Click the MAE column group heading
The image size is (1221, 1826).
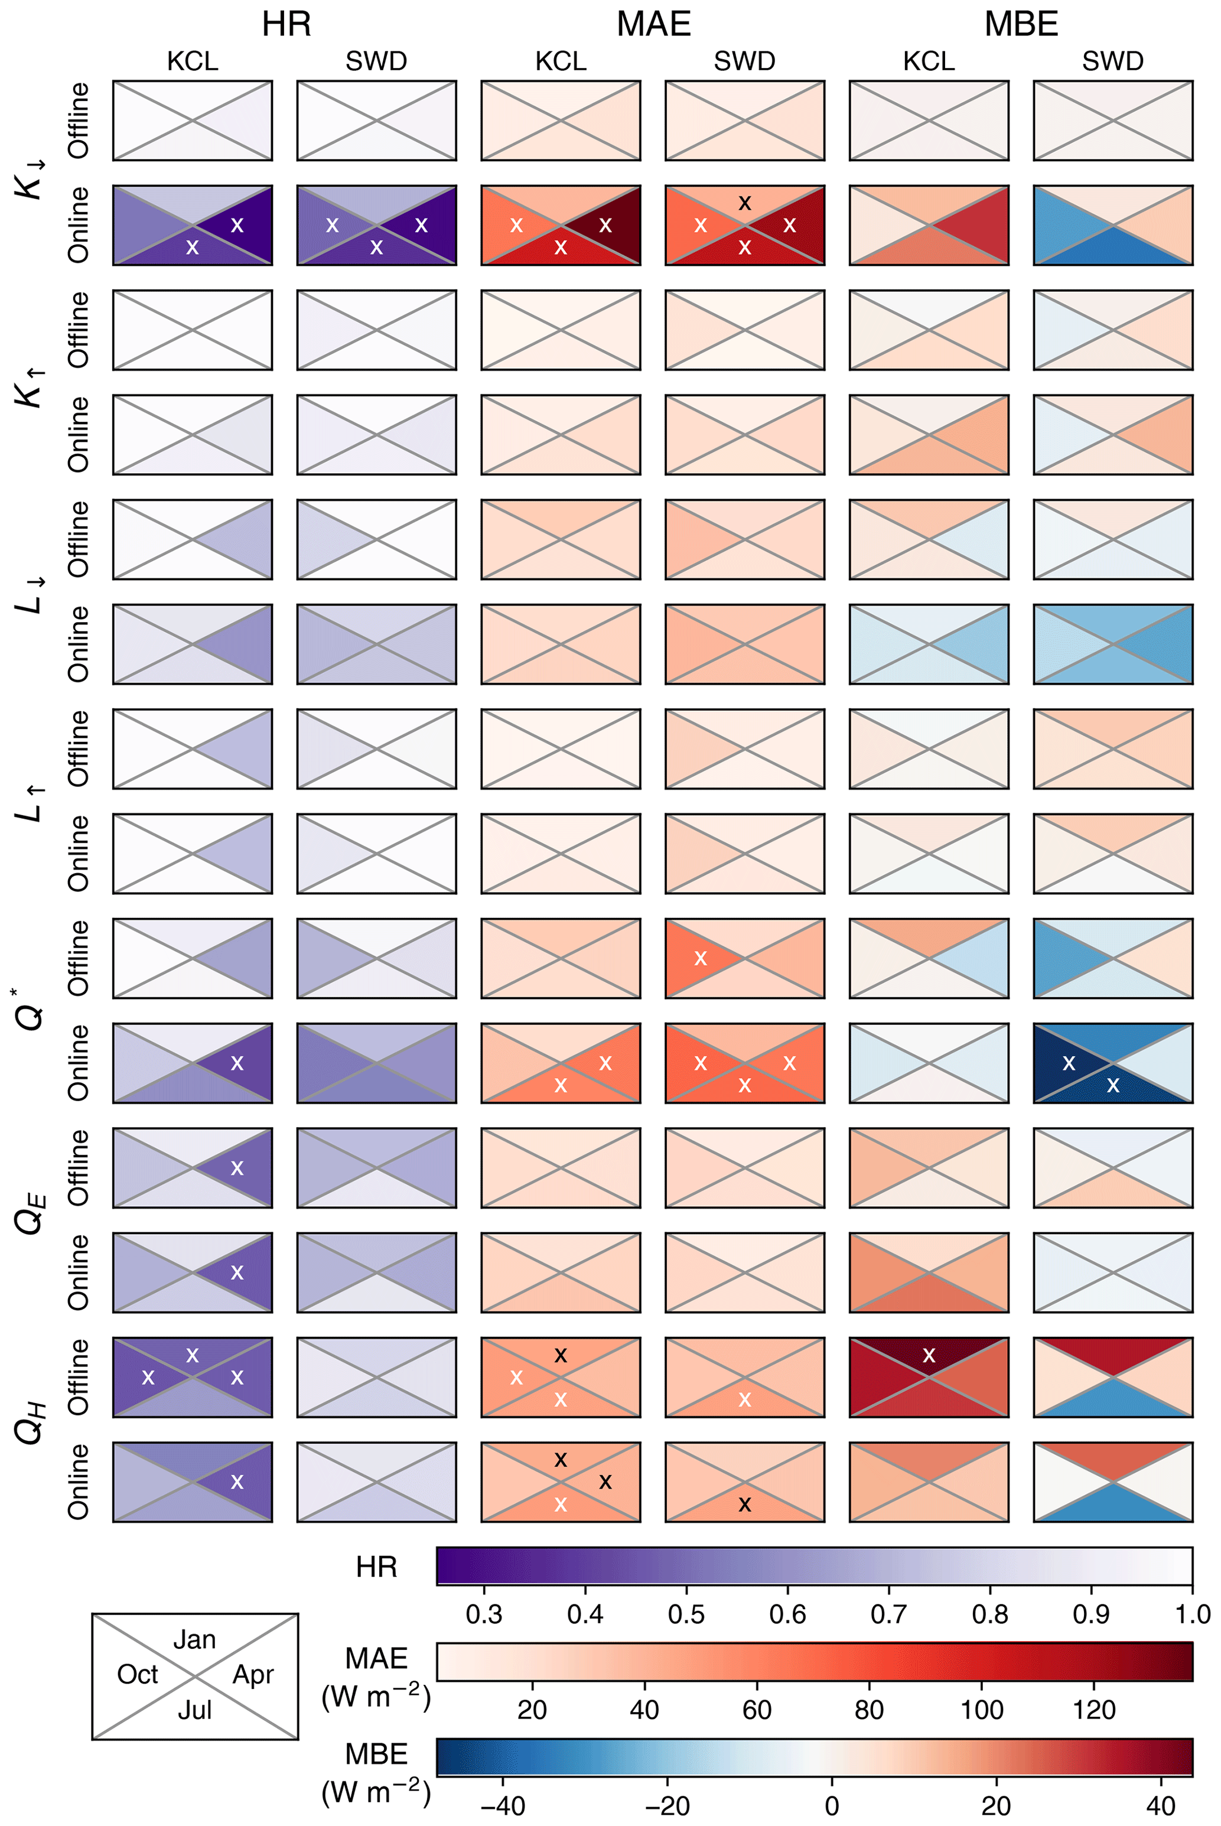click(653, 24)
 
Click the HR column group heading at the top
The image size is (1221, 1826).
click(286, 24)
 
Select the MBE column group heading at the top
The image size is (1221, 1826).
click(1021, 24)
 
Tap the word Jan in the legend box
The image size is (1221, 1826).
click(195, 1639)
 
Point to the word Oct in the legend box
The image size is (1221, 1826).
click(137, 1674)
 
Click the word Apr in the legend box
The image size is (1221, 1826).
click(253, 1674)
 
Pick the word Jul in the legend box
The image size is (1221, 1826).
click(195, 1709)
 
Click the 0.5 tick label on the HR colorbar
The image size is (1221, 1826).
click(686, 1614)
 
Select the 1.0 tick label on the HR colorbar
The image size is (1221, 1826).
click(1192, 1614)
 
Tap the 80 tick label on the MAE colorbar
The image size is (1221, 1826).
click(869, 1709)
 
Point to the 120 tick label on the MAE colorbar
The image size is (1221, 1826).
click(1094, 1709)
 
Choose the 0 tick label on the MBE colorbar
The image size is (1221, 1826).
click(832, 1805)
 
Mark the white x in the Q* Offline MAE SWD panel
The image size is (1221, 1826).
click(701, 959)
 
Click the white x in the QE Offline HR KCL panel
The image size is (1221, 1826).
click(237, 1168)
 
